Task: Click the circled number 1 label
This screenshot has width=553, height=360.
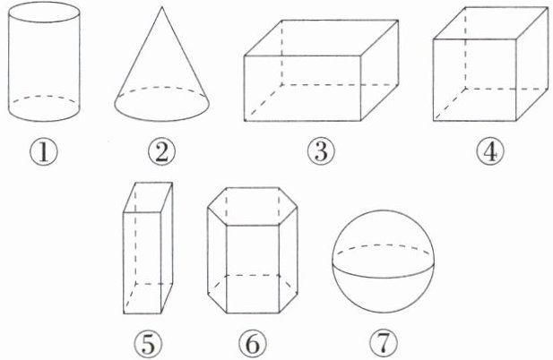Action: pyautogui.click(x=43, y=153)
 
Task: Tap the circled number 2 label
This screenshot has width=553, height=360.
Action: pyautogui.click(x=161, y=153)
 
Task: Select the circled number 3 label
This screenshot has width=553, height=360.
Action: pyautogui.click(x=321, y=152)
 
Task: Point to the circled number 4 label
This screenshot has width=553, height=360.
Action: pyautogui.click(x=490, y=152)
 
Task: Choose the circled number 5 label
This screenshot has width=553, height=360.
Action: pyautogui.click(x=148, y=344)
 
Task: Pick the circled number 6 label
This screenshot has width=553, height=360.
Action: pyautogui.click(x=253, y=344)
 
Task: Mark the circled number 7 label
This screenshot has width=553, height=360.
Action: pyautogui.click(x=384, y=344)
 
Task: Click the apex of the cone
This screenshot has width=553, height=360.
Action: pyautogui.click(x=162, y=7)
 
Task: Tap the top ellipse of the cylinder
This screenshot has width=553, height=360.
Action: pyautogui.click(x=44, y=14)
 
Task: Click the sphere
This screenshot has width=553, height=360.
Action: pyautogui.click(x=384, y=261)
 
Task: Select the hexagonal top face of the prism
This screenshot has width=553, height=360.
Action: pyautogui.click(x=253, y=207)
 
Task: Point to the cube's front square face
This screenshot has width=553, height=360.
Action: pyautogui.click(x=475, y=80)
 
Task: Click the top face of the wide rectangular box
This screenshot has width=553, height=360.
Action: pyautogui.click(x=321, y=38)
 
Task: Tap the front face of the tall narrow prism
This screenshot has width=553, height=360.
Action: pyautogui.click(x=143, y=262)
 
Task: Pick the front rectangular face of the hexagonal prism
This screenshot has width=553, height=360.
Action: pyautogui.click(x=253, y=270)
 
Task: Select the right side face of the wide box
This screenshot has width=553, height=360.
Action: pyautogui.click(x=379, y=70)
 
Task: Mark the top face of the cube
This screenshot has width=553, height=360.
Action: pyautogui.click(x=491, y=23)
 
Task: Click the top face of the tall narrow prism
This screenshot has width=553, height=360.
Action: pyautogui.click(x=148, y=197)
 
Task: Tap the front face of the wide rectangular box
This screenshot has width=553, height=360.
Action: pyautogui.click(x=302, y=89)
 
